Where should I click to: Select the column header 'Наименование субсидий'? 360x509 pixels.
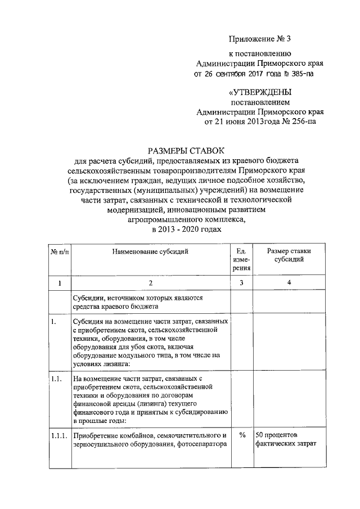point(150,251)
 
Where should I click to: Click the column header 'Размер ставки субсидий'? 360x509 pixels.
point(289,255)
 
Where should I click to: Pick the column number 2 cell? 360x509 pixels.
point(150,282)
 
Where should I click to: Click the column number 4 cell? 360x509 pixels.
point(289,282)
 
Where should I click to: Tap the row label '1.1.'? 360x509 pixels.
point(55,380)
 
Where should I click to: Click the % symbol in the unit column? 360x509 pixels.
point(242,435)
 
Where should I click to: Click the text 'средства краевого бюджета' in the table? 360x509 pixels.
point(112,307)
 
